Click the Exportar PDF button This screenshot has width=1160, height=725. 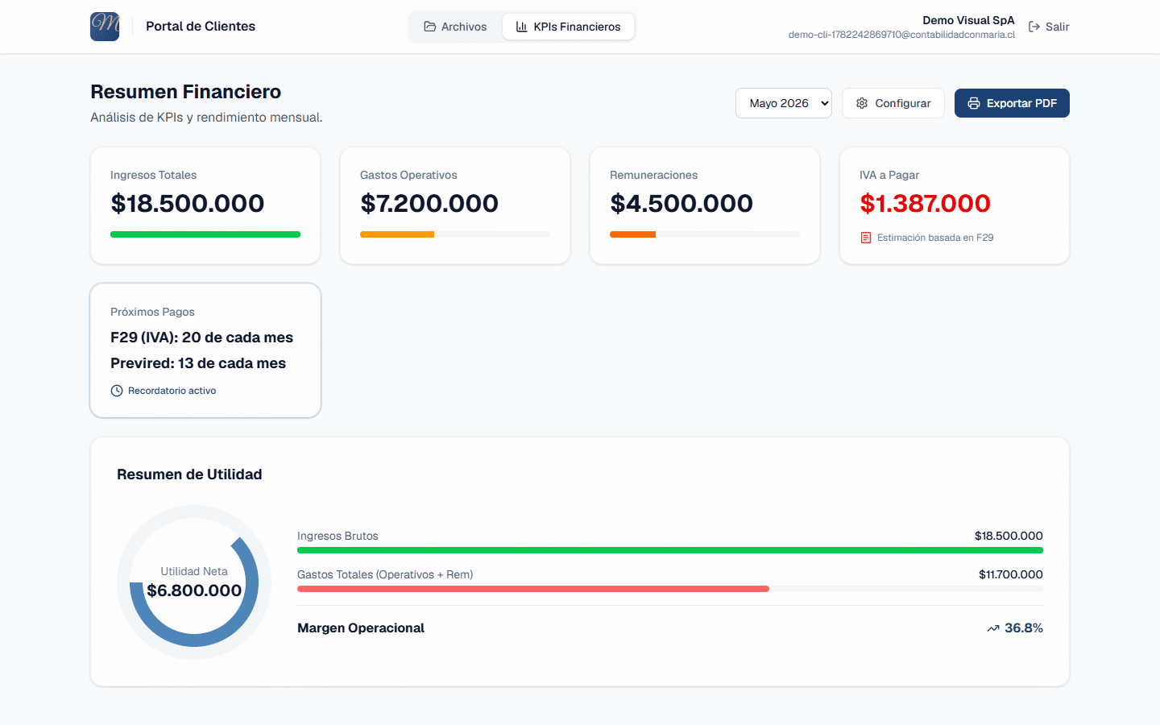coord(1012,103)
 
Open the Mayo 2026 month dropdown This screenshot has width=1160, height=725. coord(784,103)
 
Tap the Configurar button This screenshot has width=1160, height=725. coord(893,103)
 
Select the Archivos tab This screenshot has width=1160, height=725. coord(455,27)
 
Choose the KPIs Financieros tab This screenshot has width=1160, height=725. coord(568,27)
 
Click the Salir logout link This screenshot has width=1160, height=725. coord(1049,27)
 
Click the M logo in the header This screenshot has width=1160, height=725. coord(105,27)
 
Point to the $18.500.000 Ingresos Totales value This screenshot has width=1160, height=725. coord(188,203)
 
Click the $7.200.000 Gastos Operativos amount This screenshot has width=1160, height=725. coord(429,203)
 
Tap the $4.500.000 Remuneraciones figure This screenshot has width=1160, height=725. coord(681,203)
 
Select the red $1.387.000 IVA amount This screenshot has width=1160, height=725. coord(925,203)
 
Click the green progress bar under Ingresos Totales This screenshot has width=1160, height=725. coord(205,234)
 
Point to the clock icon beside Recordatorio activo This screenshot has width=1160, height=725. coord(117,391)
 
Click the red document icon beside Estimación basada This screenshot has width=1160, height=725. coord(865,238)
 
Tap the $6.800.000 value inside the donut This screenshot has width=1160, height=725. coord(194,590)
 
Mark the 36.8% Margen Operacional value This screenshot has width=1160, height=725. coord(1023,628)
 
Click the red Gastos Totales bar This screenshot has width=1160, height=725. coord(533,589)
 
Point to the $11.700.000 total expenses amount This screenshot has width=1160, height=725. coord(1010,574)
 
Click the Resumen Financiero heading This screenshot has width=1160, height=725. coord(186,92)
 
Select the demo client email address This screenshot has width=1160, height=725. coord(901,35)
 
